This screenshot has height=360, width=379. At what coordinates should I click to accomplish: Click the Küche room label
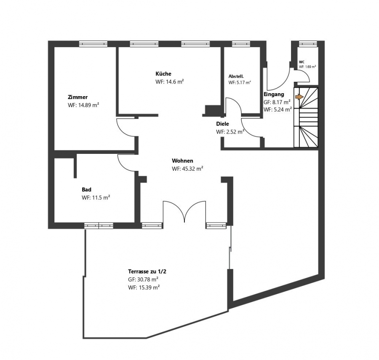(x=163, y=74)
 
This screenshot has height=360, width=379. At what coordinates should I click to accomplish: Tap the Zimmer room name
(x=77, y=97)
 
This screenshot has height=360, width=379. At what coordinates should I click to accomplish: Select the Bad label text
(x=86, y=189)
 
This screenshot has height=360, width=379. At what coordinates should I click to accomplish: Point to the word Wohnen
(x=182, y=161)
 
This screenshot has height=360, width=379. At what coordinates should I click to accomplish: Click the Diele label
(x=222, y=124)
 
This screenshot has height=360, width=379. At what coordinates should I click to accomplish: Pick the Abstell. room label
(x=236, y=76)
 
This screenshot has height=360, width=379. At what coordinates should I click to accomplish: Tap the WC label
(x=302, y=62)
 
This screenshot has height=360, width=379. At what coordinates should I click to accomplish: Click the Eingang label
(x=274, y=94)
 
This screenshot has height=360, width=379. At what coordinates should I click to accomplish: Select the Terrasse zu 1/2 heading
(x=147, y=271)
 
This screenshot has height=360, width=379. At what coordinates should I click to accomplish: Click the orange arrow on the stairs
(x=299, y=97)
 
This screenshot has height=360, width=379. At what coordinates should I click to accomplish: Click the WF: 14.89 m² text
(x=84, y=105)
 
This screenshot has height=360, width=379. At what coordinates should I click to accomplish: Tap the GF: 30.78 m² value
(x=143, y=279)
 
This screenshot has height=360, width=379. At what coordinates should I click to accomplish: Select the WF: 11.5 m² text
(x=96, y=197)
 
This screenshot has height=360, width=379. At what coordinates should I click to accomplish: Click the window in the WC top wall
(x=308, y=43)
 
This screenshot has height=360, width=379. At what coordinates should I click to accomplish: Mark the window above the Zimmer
(x=93, y=44)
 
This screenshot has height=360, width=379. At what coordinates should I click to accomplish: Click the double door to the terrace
(x=184, y=212)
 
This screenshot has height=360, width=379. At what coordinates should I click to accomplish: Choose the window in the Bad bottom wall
(x=99, y=226)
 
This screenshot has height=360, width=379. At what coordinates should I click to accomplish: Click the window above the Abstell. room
(x=240, y=44)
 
